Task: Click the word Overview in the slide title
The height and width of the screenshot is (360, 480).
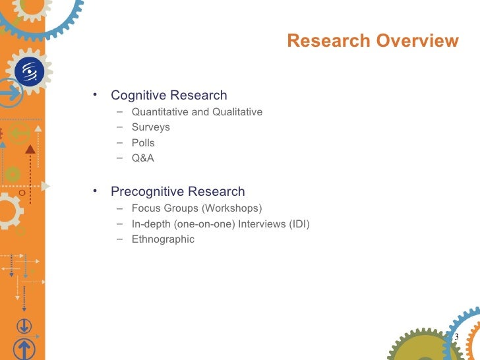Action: [x=417, y=42]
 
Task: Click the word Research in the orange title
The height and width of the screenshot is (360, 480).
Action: [x=329, y=42]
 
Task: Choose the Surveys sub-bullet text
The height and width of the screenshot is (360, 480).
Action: [x=151, y=127]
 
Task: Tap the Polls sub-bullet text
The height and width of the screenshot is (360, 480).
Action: [x=143, y=142]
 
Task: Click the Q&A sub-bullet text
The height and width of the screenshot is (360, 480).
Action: [x=143, y=158]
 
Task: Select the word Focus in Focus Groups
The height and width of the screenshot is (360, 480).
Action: [x=146, y=209]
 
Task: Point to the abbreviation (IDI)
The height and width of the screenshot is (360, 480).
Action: [x=299, y=224]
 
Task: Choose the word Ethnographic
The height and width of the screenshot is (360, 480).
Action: [x=163, y=239]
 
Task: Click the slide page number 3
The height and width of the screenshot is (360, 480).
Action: [x=456, y=337]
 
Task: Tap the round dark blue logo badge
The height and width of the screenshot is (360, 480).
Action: [x=29, y=71]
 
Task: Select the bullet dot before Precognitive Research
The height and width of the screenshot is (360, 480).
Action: [x=96, y=191]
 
